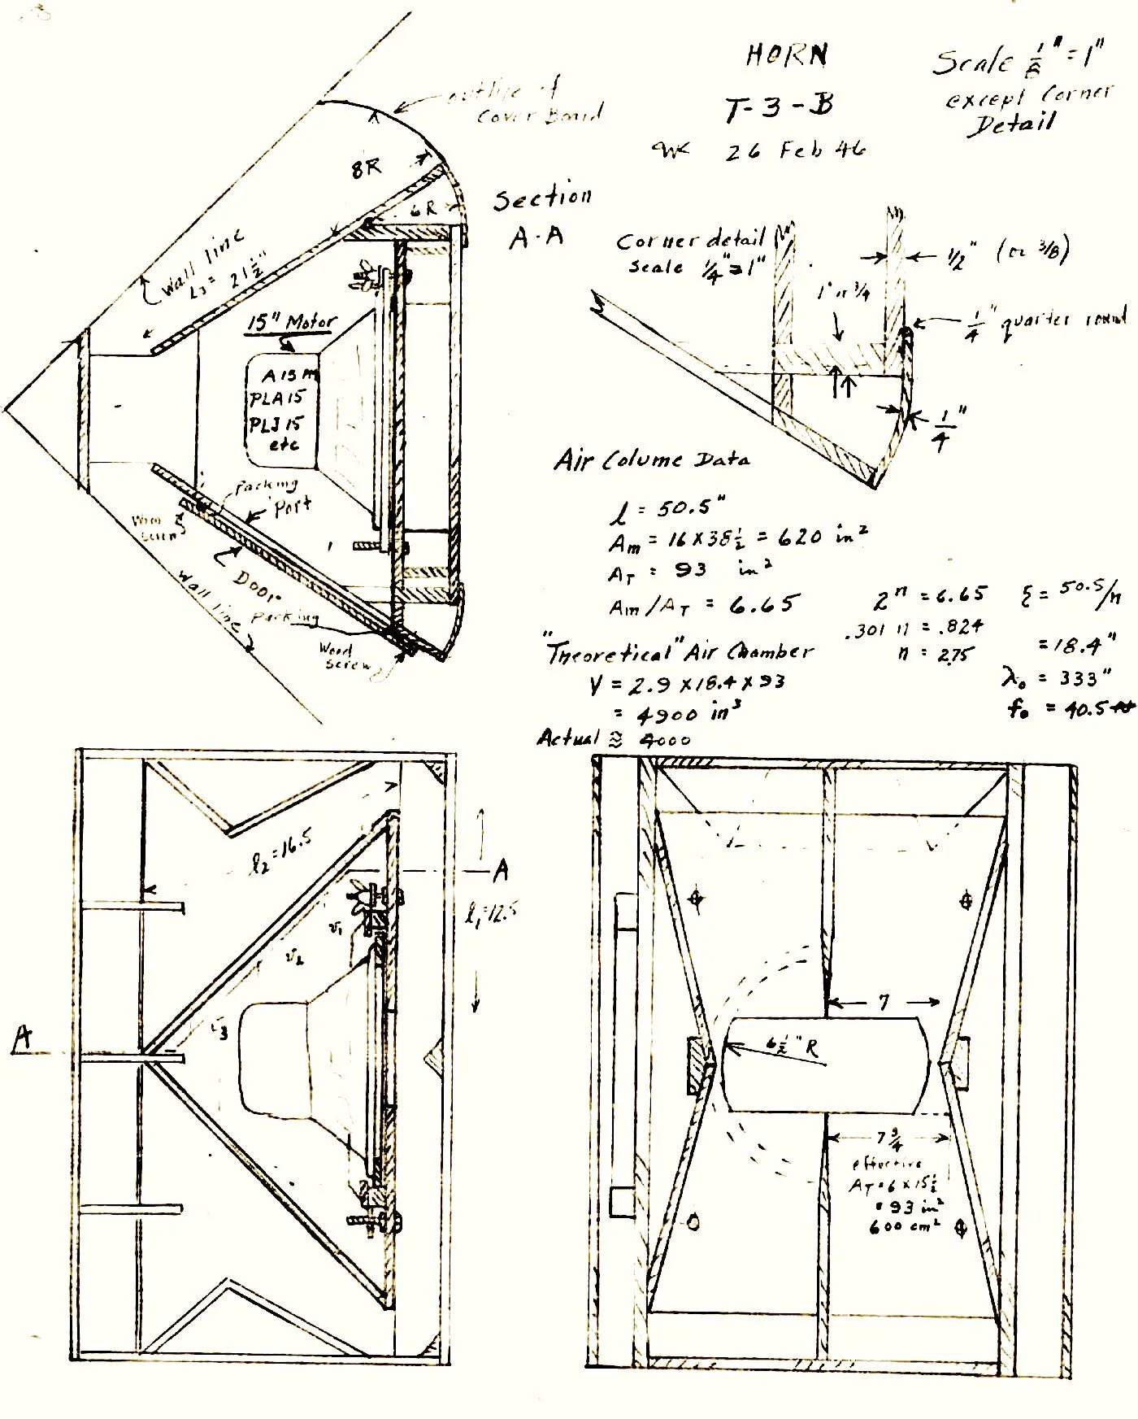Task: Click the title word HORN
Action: coord(787,54)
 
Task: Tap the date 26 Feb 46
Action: coord(795,150)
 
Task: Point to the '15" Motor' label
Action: coord(291,323)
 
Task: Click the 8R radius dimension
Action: coord(366,168)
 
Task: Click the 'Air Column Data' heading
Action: coord(652,460)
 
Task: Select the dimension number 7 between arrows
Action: coord(884,1002)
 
